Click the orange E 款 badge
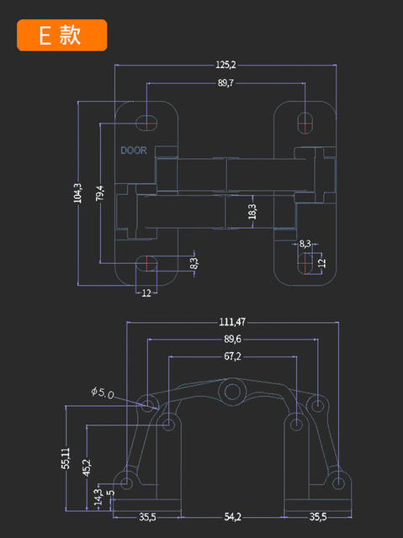(x=61, y=35)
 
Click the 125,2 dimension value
(x=225, y=65)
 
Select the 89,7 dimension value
(x=225, y=83)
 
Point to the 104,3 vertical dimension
(x=78, y=193)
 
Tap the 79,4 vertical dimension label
(x=100, y=193)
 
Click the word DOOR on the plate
(x=134, y=150)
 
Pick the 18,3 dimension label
(x=252, y=212)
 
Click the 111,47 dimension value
(x=232, y=322)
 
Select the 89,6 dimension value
(x=232, y=340)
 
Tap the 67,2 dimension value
(x=232, y=356)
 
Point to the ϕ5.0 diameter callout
(x=103, y=393)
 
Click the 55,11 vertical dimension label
(x=66, y=458)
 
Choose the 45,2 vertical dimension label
(x=87, y=468)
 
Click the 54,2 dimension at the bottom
(x=233, y=517)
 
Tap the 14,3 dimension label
(x=98, y=497)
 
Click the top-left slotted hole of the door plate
(x=147, y=123)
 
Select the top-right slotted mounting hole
(x=305, y=123)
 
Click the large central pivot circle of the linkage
(x=232, y=391)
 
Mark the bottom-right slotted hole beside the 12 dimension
(x=305, y=263)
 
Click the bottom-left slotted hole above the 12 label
(x=147, y=263)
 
